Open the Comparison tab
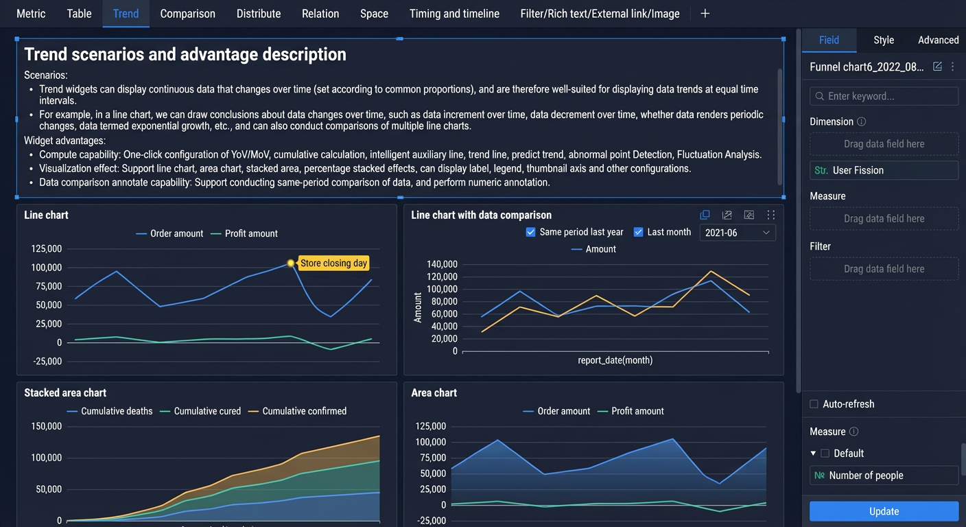point(187,14)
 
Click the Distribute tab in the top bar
point(259,14)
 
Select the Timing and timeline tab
point(454,14)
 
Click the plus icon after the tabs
point(705,14)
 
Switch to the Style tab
point(883,40)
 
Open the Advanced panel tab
point(938,40)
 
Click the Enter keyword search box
point(884,96)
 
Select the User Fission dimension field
point(884,170)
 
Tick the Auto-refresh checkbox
point(814,404)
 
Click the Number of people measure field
point(884,476)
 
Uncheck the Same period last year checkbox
point(530,232)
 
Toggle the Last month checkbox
point(638,232)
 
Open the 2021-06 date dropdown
point(738,233)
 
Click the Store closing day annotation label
point(333,263)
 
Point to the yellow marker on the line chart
point(291,263)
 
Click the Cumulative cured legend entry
point(200,411)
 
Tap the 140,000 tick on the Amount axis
point(442,264)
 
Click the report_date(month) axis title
point(615,360)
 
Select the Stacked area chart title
point(65,393)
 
